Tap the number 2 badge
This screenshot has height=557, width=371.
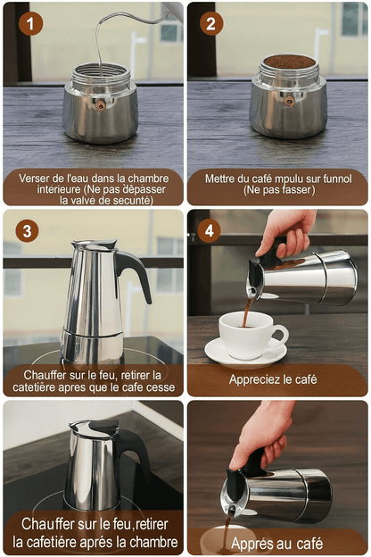pos(211,24)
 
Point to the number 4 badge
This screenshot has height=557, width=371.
pos(210,230)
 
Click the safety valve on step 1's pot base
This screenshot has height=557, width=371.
pos(100,104)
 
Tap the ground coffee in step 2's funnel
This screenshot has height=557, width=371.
pos(288,62)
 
